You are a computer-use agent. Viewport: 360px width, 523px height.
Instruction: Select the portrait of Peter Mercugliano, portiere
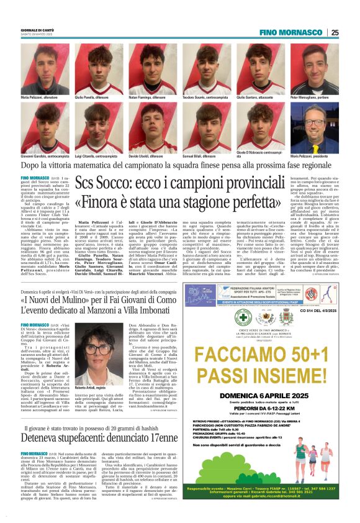312,69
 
